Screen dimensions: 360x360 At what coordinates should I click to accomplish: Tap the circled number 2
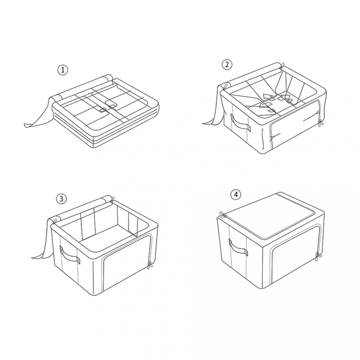click(227, 65)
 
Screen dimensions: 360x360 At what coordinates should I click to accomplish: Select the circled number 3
click(61, 199)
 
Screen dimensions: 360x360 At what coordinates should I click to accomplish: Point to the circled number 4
click(236, 195)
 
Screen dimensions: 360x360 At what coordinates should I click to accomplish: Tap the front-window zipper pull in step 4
click(317, 257)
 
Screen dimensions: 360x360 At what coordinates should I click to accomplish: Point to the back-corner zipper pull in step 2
click(282, 67)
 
